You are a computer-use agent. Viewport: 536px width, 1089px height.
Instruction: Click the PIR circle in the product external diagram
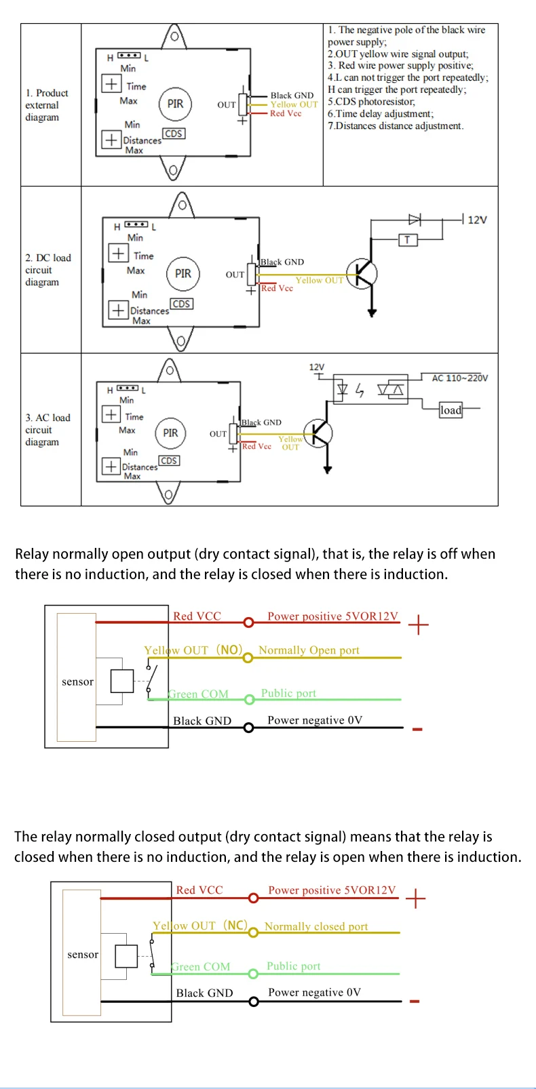tap(175, 104)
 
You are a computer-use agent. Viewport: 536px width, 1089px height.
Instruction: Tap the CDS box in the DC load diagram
tap(181, 304)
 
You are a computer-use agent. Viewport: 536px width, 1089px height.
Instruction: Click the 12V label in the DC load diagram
tap(478, 220)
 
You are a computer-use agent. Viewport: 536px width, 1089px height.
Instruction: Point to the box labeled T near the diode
tap(407, 239)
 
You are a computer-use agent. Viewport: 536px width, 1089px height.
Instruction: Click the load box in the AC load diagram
tap(451, 410)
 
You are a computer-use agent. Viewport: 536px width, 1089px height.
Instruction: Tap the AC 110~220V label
tap(460, 378)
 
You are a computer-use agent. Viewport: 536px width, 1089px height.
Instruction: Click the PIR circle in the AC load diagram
tap(170, 433)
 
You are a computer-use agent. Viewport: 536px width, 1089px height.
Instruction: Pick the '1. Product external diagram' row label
tap(47, 105)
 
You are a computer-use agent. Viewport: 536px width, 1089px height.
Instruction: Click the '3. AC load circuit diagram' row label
tap(47, 430)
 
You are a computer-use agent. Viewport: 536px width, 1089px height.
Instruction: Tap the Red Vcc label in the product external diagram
tap(286, 113)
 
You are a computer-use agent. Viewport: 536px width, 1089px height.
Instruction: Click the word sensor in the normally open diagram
tap(77, 681)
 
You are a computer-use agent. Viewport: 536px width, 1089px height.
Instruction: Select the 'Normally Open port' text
tap(309, 650)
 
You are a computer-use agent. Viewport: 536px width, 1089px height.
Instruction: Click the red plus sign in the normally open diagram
tap(418, 625)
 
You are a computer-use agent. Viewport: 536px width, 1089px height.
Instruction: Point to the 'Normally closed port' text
tap(316, 926)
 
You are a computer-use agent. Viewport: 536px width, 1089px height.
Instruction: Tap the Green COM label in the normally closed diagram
tap(201, 966)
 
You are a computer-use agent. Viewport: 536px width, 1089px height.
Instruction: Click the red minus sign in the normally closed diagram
tap(415, 1002)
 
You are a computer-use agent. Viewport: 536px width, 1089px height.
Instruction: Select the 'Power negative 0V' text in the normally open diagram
tap(315, 720)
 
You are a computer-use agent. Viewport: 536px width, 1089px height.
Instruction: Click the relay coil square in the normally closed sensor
tap(127, 956)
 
